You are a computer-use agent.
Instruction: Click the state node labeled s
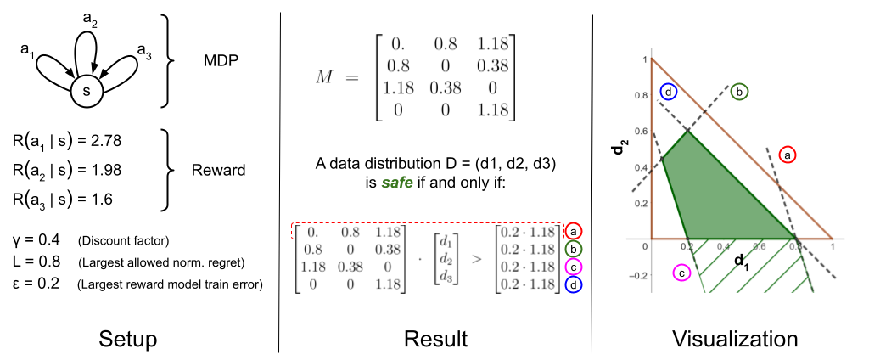87,91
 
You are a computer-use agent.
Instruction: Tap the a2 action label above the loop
90,20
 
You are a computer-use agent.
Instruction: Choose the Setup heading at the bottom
128,340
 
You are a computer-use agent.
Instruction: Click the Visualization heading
735,339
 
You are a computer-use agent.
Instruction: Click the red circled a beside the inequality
573,231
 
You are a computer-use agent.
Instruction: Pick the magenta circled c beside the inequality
573,267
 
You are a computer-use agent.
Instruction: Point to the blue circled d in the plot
669,93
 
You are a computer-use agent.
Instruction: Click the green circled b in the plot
740,92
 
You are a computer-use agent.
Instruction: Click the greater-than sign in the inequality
476,258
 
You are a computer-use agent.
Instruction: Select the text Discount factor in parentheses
124,241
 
